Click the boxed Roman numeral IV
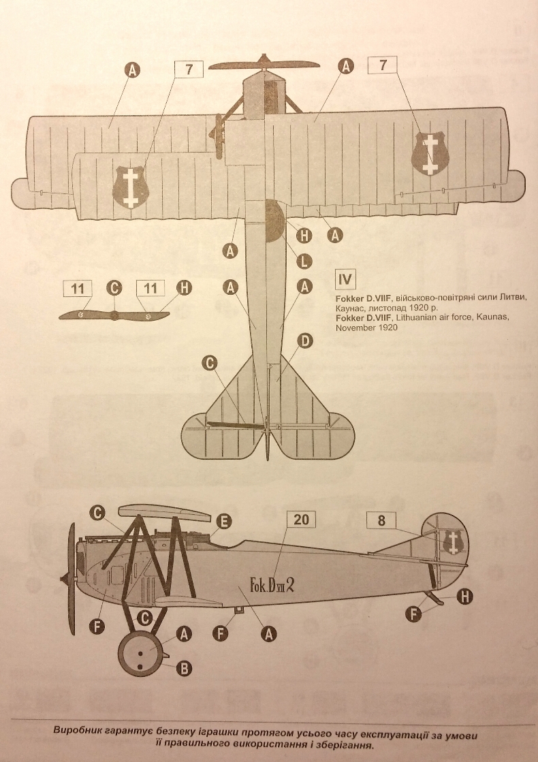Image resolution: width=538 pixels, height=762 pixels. point(345,280)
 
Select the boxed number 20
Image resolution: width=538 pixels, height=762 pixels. point(302,520)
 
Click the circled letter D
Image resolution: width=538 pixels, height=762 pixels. point(304,339)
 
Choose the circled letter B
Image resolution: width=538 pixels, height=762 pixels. point(183,668)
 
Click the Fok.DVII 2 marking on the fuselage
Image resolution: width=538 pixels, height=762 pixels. point(271,584)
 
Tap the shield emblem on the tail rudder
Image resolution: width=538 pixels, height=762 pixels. point(452,542)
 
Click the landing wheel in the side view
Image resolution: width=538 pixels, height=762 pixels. point(141,654)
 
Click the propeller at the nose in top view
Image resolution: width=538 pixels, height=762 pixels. point(264,65)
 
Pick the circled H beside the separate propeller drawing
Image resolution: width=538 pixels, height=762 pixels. point(184,288)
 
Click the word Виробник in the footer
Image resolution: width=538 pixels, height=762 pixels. point(80,731)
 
